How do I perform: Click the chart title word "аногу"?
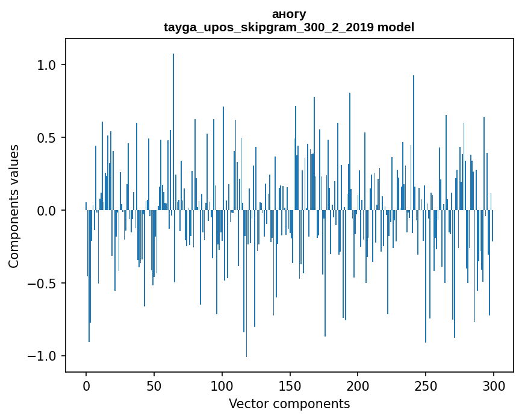289,14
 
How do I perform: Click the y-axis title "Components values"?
14,206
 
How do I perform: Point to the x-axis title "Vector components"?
289,403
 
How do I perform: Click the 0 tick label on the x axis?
86,386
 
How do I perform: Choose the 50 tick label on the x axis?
154,386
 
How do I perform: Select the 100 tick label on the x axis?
222,386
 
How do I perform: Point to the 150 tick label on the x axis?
290,386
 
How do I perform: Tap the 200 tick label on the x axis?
358,386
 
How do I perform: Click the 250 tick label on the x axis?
426,386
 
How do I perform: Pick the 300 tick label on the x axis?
494,386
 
